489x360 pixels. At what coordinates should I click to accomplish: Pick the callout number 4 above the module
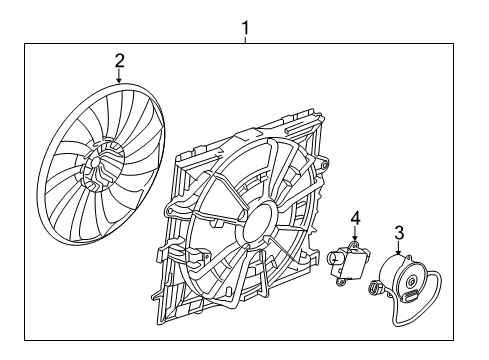point(354,217)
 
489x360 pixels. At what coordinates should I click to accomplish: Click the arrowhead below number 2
point(119,79)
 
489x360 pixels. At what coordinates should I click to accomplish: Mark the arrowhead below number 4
point(354,238)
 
